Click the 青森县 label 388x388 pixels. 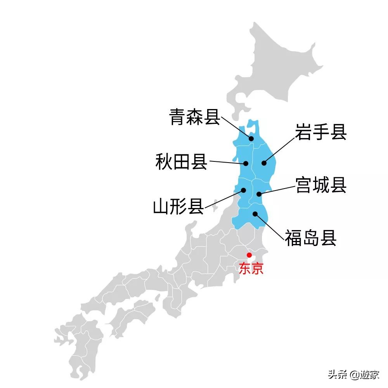(195, 117)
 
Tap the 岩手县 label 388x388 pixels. (320, 132)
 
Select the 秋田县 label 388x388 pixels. (181, 162)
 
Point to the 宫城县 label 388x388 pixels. (320, 185)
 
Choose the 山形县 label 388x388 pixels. (178, 206)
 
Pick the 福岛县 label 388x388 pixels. (310, 238)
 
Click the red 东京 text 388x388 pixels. (251, 269)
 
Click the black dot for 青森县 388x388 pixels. (251, 139)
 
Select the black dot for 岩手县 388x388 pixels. (264, 163)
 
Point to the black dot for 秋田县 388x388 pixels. (246, 164)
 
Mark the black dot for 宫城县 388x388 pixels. (258, 194)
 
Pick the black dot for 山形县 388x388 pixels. (244, 190)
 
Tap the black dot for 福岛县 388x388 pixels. (255, 213)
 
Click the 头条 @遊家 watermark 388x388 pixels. (353, 374)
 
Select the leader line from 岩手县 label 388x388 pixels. (279, 149)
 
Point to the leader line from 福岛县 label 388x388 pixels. (268, 226)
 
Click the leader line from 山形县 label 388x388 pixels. (224, 199)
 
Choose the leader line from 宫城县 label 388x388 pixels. (276, 190)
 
